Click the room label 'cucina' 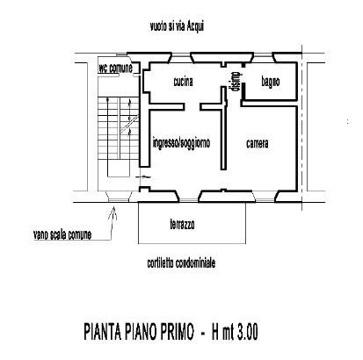(183, 82)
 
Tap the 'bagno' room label (271, 82)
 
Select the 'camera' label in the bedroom (258, 143)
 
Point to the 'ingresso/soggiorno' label (181, 143)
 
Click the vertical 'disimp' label (236, 82)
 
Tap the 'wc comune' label (115, 68)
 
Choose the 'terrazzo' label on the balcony (182, 225)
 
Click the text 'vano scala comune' (62, 234)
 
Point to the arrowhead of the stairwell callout (113, 208)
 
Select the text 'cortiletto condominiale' (181, 263)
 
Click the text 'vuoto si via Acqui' (177, 26)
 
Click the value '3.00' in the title (247, 332)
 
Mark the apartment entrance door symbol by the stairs (143, 176)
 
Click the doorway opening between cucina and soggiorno (192, 106)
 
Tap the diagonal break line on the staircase (129, 125)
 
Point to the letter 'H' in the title (216, 332)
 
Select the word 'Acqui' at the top (195, 27)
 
